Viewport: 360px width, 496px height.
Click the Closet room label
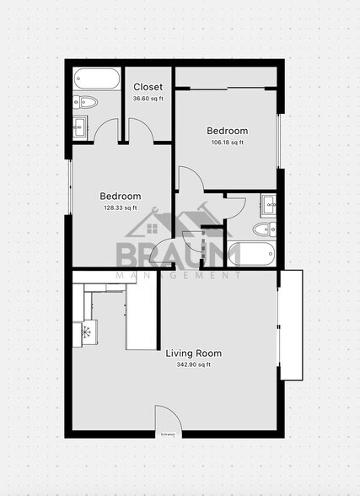tap(148, 87)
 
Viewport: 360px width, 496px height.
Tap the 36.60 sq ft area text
tap(148, 99)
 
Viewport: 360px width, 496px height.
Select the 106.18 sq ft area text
tap(228, 143)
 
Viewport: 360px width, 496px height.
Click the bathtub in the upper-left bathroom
tap(96, 79)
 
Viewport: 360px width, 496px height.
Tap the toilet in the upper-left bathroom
tap(86, 103)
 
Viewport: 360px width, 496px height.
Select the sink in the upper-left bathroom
tap(82, 127)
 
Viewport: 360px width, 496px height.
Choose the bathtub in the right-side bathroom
tap(253, 255)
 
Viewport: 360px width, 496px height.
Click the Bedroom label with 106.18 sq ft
tap(228, 131)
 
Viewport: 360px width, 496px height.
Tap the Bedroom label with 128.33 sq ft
tap(121, 196)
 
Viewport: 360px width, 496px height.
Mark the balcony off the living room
tap(290, 325)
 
